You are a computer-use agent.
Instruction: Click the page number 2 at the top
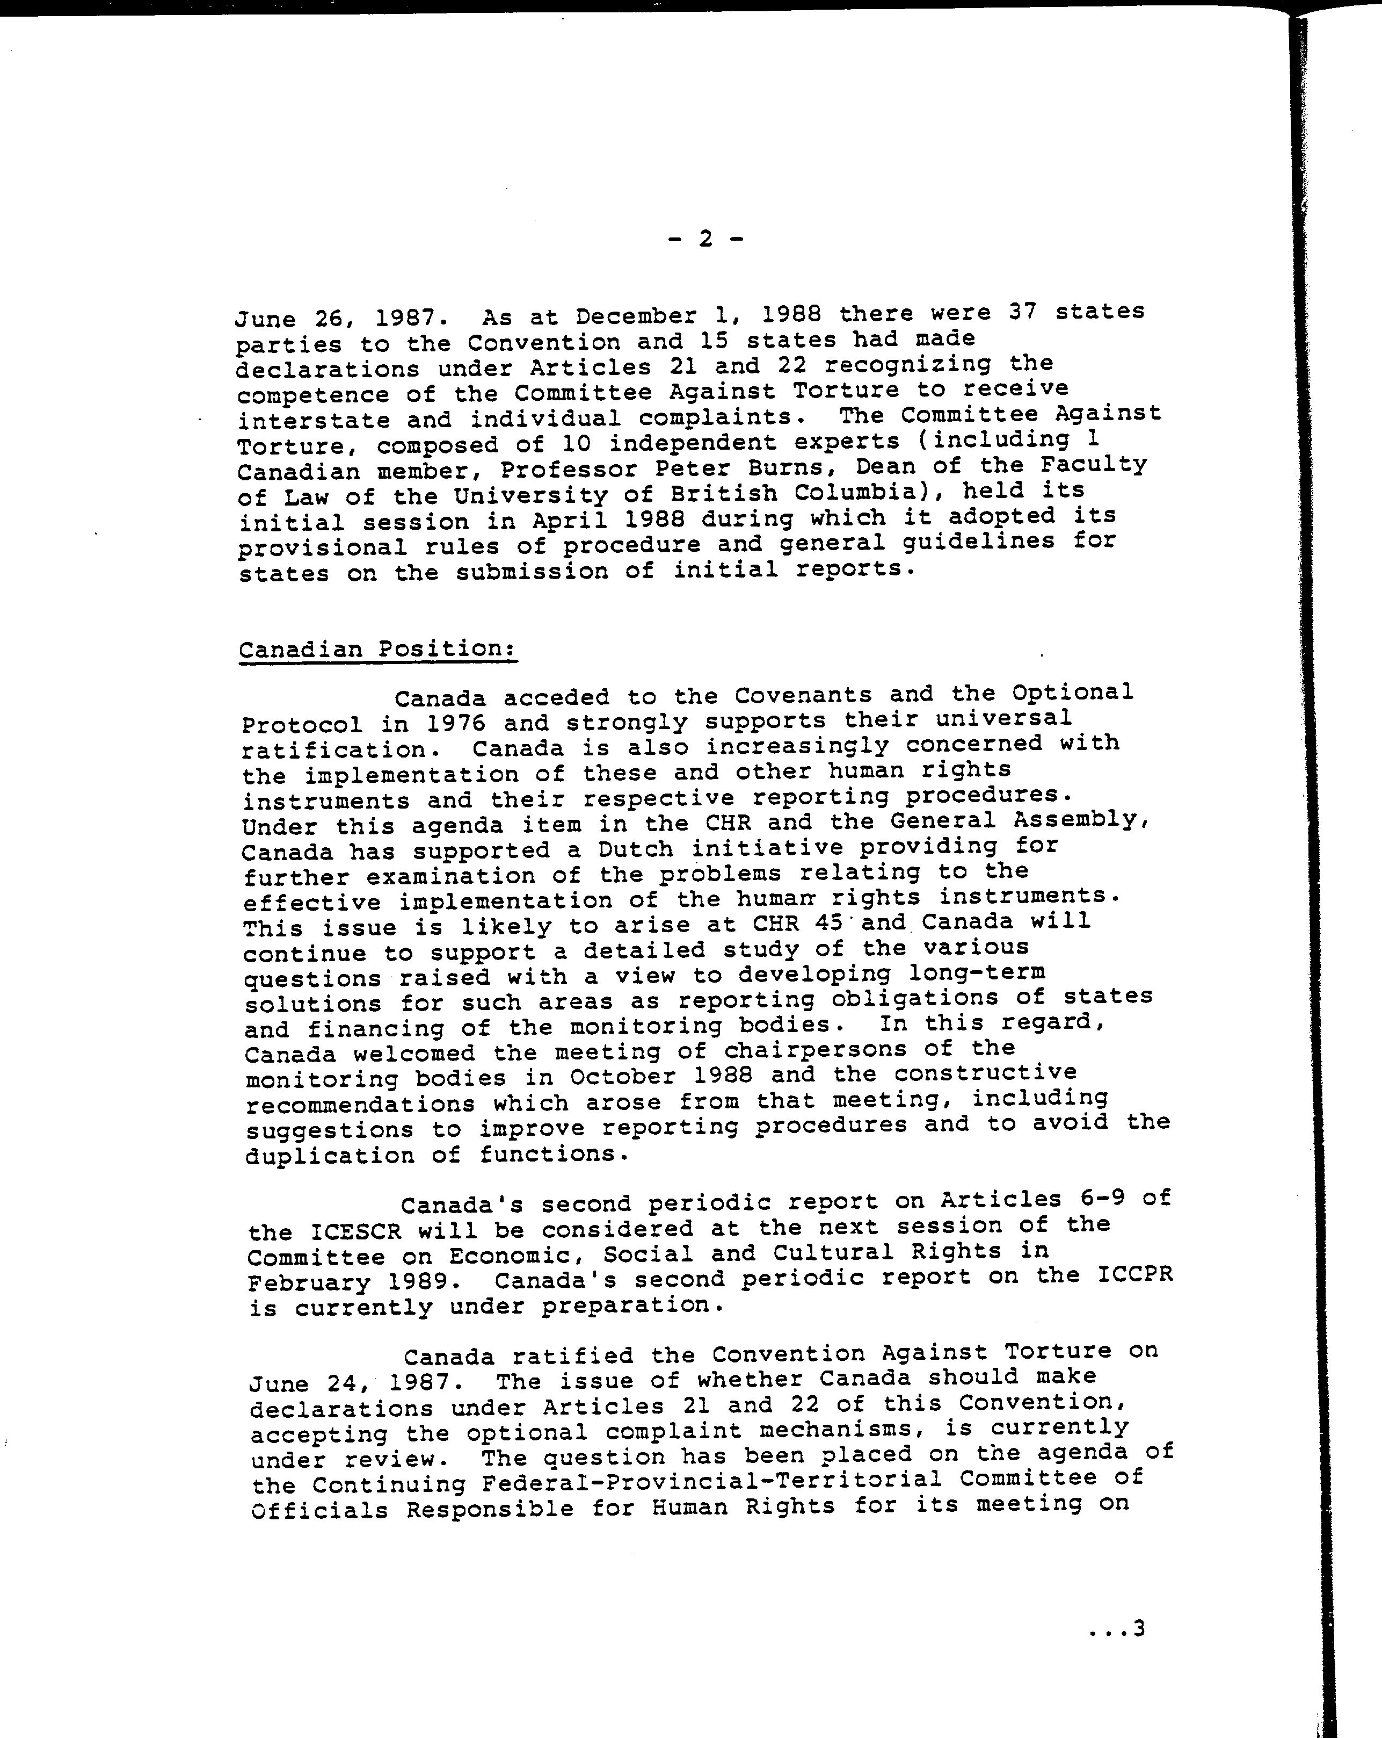click(705, 239)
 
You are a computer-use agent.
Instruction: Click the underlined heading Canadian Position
click(377, 650)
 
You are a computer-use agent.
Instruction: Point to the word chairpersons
click(816, 1050)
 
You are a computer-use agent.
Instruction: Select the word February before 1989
click(309, 1282)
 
